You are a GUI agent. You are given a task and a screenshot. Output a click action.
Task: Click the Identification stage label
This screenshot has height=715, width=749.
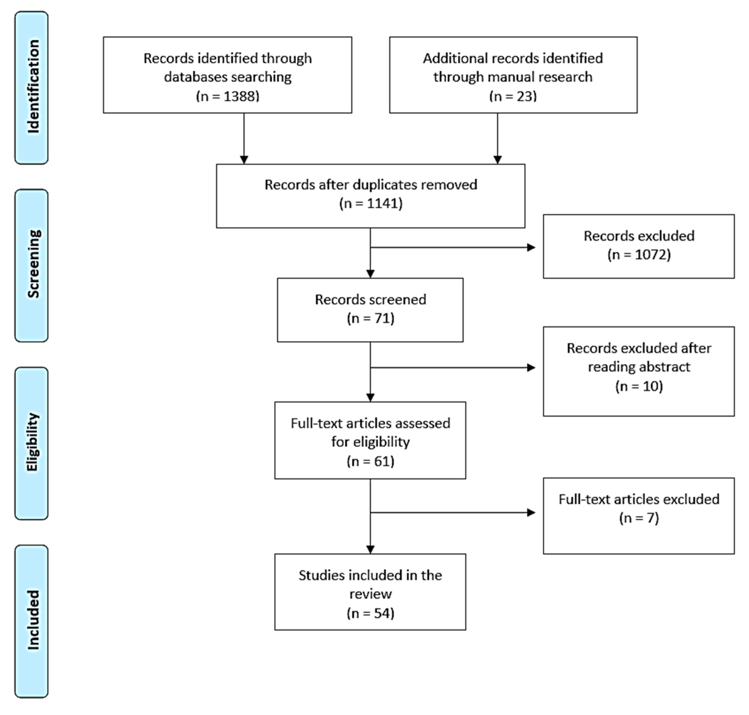point(33,87)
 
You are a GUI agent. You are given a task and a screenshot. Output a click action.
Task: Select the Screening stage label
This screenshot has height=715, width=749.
point(33,264)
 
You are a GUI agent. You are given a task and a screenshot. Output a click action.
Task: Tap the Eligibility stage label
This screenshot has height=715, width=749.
point(33,442)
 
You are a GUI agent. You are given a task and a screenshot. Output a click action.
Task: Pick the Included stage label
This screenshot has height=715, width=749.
point(33,620)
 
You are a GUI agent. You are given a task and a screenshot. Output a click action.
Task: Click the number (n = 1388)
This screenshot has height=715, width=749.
point(228,96)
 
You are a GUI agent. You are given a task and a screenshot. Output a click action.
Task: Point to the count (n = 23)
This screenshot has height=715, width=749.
point(513,96)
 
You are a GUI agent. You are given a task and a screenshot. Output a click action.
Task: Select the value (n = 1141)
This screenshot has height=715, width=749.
point(371,203)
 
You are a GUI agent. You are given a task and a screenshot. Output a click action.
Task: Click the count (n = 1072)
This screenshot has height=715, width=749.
point(639,255)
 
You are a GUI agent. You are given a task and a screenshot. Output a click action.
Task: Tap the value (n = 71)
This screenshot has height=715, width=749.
point(370,318)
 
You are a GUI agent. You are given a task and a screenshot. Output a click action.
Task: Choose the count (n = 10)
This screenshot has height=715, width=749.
point(639,386)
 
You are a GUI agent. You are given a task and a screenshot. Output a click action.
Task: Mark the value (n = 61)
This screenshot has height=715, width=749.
point(370,461)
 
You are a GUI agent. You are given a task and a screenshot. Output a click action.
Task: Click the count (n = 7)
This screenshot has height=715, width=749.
point(639,518)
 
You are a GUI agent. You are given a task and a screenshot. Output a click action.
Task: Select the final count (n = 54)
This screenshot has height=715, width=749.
point(370,613)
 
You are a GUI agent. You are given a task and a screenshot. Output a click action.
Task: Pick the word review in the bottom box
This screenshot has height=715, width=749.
point(370,594)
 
